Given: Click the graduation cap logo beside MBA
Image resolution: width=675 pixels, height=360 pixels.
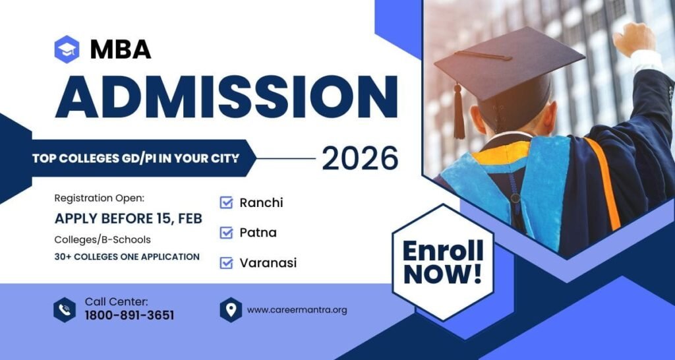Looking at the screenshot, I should (67, 49).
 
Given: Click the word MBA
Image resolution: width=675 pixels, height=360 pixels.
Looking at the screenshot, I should (121, 49).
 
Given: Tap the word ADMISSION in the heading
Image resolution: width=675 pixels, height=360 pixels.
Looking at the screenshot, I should (226, 96).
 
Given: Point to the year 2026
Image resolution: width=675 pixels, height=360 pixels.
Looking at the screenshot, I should (360, 158).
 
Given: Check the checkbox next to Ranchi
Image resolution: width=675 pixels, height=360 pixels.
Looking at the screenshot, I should (227, 202).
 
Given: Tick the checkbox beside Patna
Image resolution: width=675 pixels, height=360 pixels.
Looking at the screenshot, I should (227, 232).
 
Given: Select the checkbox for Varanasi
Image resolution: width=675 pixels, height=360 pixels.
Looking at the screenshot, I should (227, 262).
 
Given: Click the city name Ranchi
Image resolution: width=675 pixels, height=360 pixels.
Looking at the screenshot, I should (261, 202).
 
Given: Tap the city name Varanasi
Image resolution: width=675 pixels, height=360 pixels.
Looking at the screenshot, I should (268, 262).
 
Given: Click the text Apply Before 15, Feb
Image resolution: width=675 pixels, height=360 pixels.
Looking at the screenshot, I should (128, 218).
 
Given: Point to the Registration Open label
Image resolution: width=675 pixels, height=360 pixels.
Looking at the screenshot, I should (99, 198).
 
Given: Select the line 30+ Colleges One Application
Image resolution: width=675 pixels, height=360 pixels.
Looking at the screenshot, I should (127, 256).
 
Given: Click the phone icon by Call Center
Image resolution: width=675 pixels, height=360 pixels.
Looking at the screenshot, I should (65, 309).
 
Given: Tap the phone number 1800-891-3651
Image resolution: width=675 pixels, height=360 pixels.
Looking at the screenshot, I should (129, 315).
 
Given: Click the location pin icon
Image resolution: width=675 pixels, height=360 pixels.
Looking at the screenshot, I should (231, 309).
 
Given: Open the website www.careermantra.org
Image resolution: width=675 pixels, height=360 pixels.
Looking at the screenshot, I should (297, 309).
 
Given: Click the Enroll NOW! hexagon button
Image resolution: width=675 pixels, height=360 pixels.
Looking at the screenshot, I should (442, 261).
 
